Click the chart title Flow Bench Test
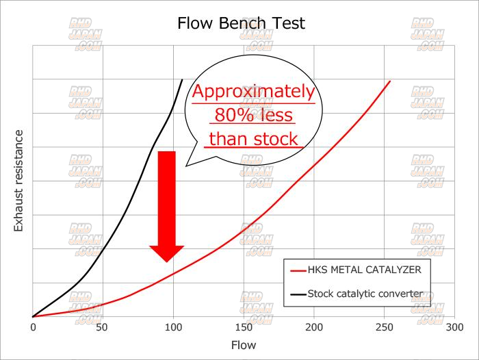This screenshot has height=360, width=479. coord(240,23)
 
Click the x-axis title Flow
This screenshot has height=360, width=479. coord(242,345)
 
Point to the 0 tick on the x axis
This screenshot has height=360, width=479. coord(33,328)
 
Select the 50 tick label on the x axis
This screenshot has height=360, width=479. coord(103,328)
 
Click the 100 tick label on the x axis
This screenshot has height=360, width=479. coord(173,328)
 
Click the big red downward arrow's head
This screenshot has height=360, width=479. coord(167,253)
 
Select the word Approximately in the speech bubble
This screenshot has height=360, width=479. coord(253,92)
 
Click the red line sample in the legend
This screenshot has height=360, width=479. coord(297,270)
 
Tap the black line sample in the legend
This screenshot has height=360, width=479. coord(297,294)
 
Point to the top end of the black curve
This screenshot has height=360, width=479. coord(182,79)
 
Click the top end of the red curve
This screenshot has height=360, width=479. coord(390,81)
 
